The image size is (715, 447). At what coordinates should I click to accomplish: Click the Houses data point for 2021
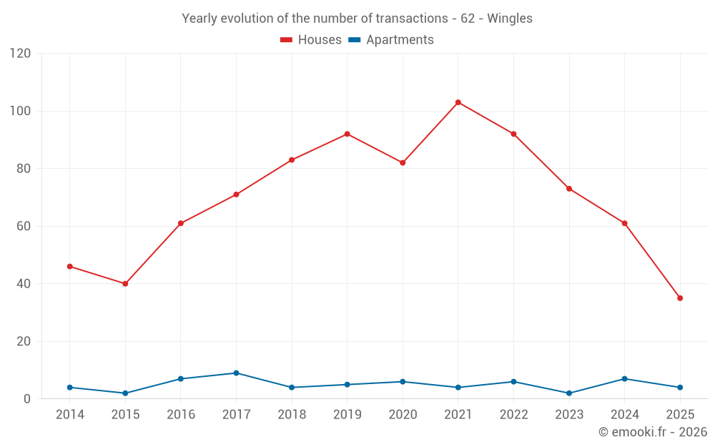(x=458, y=102)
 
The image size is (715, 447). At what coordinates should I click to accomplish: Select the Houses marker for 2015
(x=125, y=284)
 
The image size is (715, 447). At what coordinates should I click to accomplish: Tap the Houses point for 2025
(x=680, y=298)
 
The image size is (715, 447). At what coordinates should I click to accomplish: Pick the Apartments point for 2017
(x=236, y=373)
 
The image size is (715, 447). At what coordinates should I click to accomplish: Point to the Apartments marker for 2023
(x=569, y=393)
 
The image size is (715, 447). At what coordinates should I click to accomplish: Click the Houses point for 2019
(x=347, y=134)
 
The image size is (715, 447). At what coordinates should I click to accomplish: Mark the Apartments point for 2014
(x=69, y=388)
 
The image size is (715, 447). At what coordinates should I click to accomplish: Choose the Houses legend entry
(x=311, y=40)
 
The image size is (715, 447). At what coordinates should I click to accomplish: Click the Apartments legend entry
(x=391, y=40)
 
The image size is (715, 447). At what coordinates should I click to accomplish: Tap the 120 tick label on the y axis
(x=21, y=54)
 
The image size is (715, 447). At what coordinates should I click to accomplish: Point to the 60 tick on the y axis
(x=24, y=227)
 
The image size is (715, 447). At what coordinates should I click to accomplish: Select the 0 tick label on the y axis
(x=28, y=399)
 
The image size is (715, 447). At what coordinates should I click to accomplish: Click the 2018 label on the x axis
(x=292, y=415)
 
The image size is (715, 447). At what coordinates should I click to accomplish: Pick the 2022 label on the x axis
(x=513, y=415)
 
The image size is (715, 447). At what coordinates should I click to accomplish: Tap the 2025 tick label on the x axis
(x=680, y=415)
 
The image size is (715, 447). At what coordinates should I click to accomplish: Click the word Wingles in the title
(x=510, y=19)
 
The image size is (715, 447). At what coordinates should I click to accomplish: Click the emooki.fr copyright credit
(x=653, y=432)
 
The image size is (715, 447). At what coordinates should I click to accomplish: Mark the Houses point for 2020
(x=403, y=163)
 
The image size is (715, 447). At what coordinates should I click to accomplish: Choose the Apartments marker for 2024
(x=625, y=379)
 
